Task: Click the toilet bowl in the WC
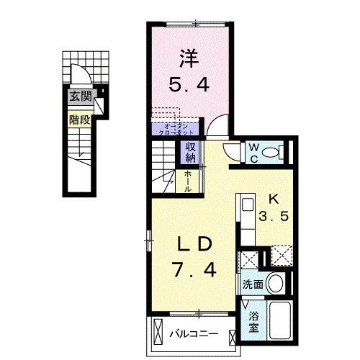click(271, 152)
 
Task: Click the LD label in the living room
click(194, 246)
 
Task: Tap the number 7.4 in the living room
click(194, 272)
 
